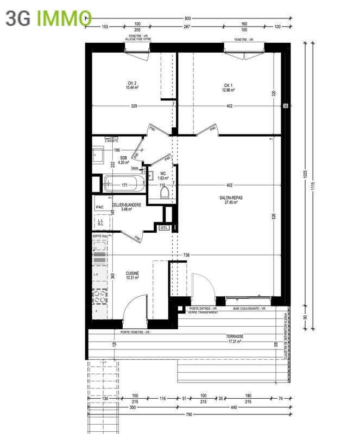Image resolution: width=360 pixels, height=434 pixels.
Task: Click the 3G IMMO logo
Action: tap(46, 18)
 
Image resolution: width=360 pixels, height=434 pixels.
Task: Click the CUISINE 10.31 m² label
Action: tap(132, 276)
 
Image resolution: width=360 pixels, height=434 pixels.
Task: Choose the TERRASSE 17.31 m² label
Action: tap(235, 339)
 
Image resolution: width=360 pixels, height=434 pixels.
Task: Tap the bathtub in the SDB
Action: tap(124, 184)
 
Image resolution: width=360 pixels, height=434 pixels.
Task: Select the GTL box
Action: tap(163, 228)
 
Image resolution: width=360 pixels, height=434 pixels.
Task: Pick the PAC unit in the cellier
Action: tap(99, 207)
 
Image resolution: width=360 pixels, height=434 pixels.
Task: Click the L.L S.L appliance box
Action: tap(100, 222)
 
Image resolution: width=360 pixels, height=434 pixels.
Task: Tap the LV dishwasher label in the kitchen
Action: tap(96, 275)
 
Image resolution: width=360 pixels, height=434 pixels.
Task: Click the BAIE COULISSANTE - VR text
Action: tap(249, 308)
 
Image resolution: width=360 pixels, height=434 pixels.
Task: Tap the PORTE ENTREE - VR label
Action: tap(203, 308)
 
